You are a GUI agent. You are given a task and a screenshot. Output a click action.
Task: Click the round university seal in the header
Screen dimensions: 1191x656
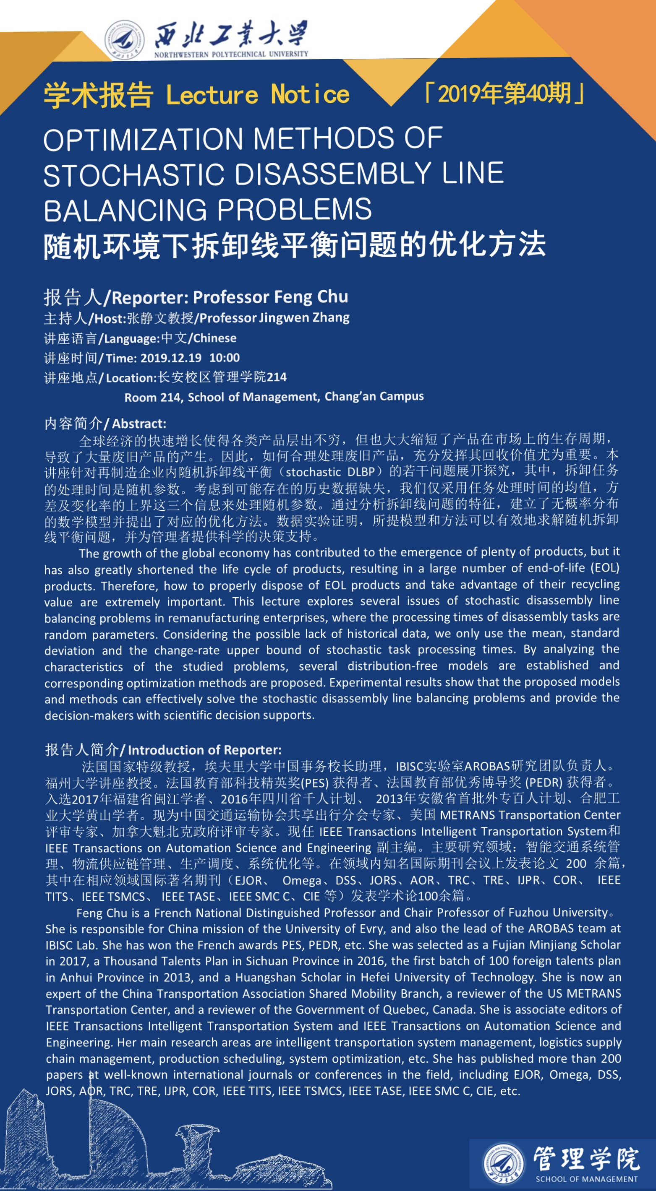124,40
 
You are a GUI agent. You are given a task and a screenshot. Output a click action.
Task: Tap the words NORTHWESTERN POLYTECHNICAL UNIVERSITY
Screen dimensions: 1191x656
231,54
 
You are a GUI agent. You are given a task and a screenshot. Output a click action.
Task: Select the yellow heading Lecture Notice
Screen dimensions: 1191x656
257,94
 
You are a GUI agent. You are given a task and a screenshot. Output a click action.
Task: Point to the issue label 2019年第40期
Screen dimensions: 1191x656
504,93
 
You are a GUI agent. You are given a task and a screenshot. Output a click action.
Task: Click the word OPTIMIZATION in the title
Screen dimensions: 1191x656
144,139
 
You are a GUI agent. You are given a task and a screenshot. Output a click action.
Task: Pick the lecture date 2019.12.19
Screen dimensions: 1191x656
171,358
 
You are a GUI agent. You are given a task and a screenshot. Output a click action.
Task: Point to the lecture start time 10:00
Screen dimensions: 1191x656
225,358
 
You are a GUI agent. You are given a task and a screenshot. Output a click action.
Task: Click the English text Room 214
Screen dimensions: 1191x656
152,397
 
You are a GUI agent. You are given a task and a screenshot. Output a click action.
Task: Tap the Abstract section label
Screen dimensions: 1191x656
139,424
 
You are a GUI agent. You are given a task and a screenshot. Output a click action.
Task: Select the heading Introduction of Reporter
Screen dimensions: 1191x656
204,749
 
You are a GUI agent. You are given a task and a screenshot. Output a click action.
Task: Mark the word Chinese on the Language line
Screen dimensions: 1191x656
214,338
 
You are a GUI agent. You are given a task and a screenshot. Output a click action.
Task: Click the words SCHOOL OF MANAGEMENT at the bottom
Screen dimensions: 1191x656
586,1179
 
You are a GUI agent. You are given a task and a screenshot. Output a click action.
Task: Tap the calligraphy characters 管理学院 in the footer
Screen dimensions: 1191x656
586,1159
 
